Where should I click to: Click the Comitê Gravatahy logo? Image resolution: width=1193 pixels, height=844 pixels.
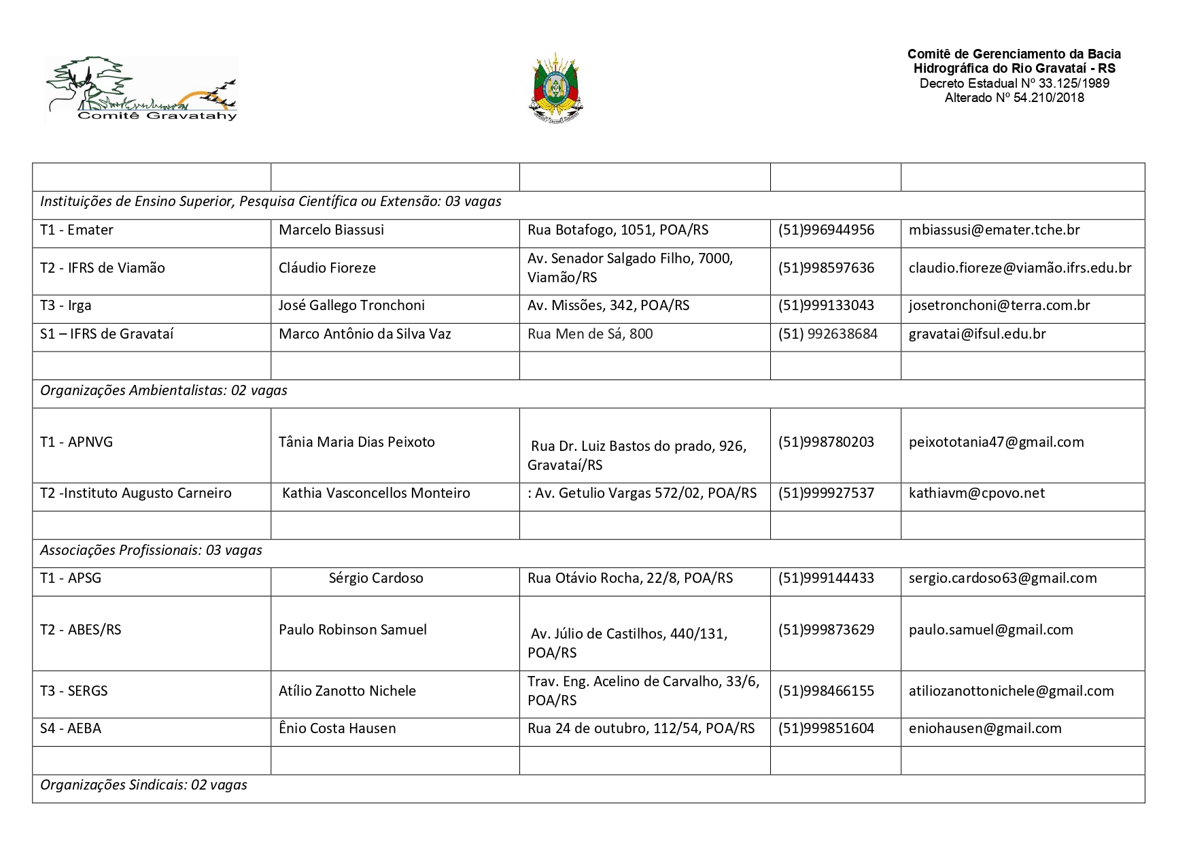(x=141, y=89)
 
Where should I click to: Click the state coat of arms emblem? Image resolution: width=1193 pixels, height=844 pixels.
(x=556, y=89)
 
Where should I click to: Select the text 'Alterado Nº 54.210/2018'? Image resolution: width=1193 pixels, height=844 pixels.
(x=1014, y=98)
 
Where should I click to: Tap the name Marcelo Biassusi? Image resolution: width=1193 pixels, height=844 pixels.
(x=331, y=230)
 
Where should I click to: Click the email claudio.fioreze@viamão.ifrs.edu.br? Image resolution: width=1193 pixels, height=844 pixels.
(x=1020, y=268)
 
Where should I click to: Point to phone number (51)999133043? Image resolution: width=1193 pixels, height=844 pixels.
(x=826, y=305)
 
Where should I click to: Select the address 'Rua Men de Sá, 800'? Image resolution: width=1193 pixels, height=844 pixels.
(x=590, y=334)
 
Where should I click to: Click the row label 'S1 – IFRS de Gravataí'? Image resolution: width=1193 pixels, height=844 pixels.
(x=107, y=334)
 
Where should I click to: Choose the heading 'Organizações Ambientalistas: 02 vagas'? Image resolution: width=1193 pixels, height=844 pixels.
(x=164, y=390)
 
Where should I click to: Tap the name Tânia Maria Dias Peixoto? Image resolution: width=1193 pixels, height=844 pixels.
(x=357, y=442)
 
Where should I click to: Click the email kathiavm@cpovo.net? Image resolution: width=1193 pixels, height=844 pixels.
(x=977, y=493)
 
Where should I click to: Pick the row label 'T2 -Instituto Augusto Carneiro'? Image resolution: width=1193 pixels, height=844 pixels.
(x=136, y=493)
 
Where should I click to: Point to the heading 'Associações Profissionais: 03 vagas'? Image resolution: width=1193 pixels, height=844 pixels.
(x=151, y=550)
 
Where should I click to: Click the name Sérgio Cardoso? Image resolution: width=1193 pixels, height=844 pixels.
(x=376, y=578)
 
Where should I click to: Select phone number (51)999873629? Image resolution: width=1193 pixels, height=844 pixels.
(x=826, y=630)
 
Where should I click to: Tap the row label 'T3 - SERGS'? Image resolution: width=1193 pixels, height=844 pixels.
(x=74, y=691)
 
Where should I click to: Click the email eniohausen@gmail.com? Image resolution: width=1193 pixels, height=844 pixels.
(x=985, y=728)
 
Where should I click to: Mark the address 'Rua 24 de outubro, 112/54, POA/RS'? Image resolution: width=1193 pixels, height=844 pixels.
(x=641, y=728)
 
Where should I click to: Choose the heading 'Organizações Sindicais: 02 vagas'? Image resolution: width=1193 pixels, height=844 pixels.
(x=143, y=785)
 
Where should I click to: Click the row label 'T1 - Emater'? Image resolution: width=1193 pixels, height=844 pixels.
(x=77, y=230)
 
